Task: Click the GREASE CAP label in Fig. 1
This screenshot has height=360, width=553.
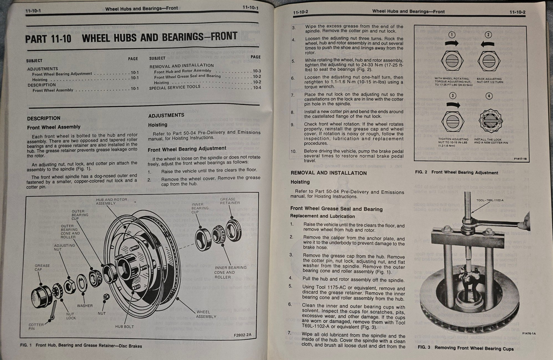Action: tap(42, 267)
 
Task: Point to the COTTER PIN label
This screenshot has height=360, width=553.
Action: tap(36, 326)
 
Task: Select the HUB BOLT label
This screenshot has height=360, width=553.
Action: tap(124, 326)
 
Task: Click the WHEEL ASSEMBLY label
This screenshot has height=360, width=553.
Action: tap(206, 314)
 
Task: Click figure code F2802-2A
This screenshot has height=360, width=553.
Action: tap(242, 335)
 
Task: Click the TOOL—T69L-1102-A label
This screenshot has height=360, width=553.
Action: tap(490, 200)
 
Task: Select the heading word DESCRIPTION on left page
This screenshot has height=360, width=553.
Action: tap(44, 118)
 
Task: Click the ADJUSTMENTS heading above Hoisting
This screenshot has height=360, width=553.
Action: tap(166, 115)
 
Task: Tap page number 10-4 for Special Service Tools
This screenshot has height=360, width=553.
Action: tap(257, 88)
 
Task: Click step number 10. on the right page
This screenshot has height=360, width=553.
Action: tap(293, 151)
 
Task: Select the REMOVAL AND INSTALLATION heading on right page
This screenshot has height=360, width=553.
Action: tap(328, 173)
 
